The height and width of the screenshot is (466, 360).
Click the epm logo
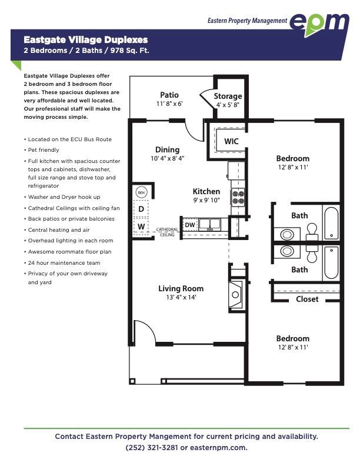pyautogui.click(x=319, y=24)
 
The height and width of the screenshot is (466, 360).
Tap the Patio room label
pyautogui.click(x=169, y=95)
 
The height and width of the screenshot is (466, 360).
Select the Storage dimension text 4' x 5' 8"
pyautogui.click(x=228, y=105)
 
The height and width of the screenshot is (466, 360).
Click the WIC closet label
pyautogui.click(x=231, y=141)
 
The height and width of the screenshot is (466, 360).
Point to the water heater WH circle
pyautogui.click(x=141, y=192)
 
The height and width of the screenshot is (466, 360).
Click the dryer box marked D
pyautogui.click(x=141, y=209)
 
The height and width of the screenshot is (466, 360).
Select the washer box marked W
pyautogui.click(x=141, y=226)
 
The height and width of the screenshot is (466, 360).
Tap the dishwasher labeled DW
pyautogui.click(x=190, y=225)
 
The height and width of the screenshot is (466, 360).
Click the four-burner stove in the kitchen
pyautogui.click(x=238, y=197)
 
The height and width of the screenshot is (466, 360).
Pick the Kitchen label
pyautogui.click(x=206, y=191)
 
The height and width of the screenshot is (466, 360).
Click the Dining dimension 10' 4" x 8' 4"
pyautogui.click(x=168, y=158)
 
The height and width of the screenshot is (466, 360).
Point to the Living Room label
pyautogui.click(x=181, y=288)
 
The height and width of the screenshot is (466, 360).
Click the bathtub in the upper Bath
pyautogui.click(x=331, y=223)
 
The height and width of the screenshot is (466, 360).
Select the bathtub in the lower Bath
pyautogui.click(x=331, y=263)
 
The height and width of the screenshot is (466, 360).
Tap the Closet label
pyautogui.click(x=307, y=299)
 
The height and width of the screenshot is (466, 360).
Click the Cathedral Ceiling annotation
pyautogui.click(x=167, y=232)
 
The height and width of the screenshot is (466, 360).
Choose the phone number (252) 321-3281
pyautogui.click(x=152, y=448)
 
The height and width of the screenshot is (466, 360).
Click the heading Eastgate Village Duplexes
pyautogui.click(x=86, y=40)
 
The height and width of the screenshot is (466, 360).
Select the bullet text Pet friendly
pyautogui.click(x=44, y=150)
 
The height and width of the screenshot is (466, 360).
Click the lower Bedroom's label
pyautogui.click(x=293, y=338)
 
